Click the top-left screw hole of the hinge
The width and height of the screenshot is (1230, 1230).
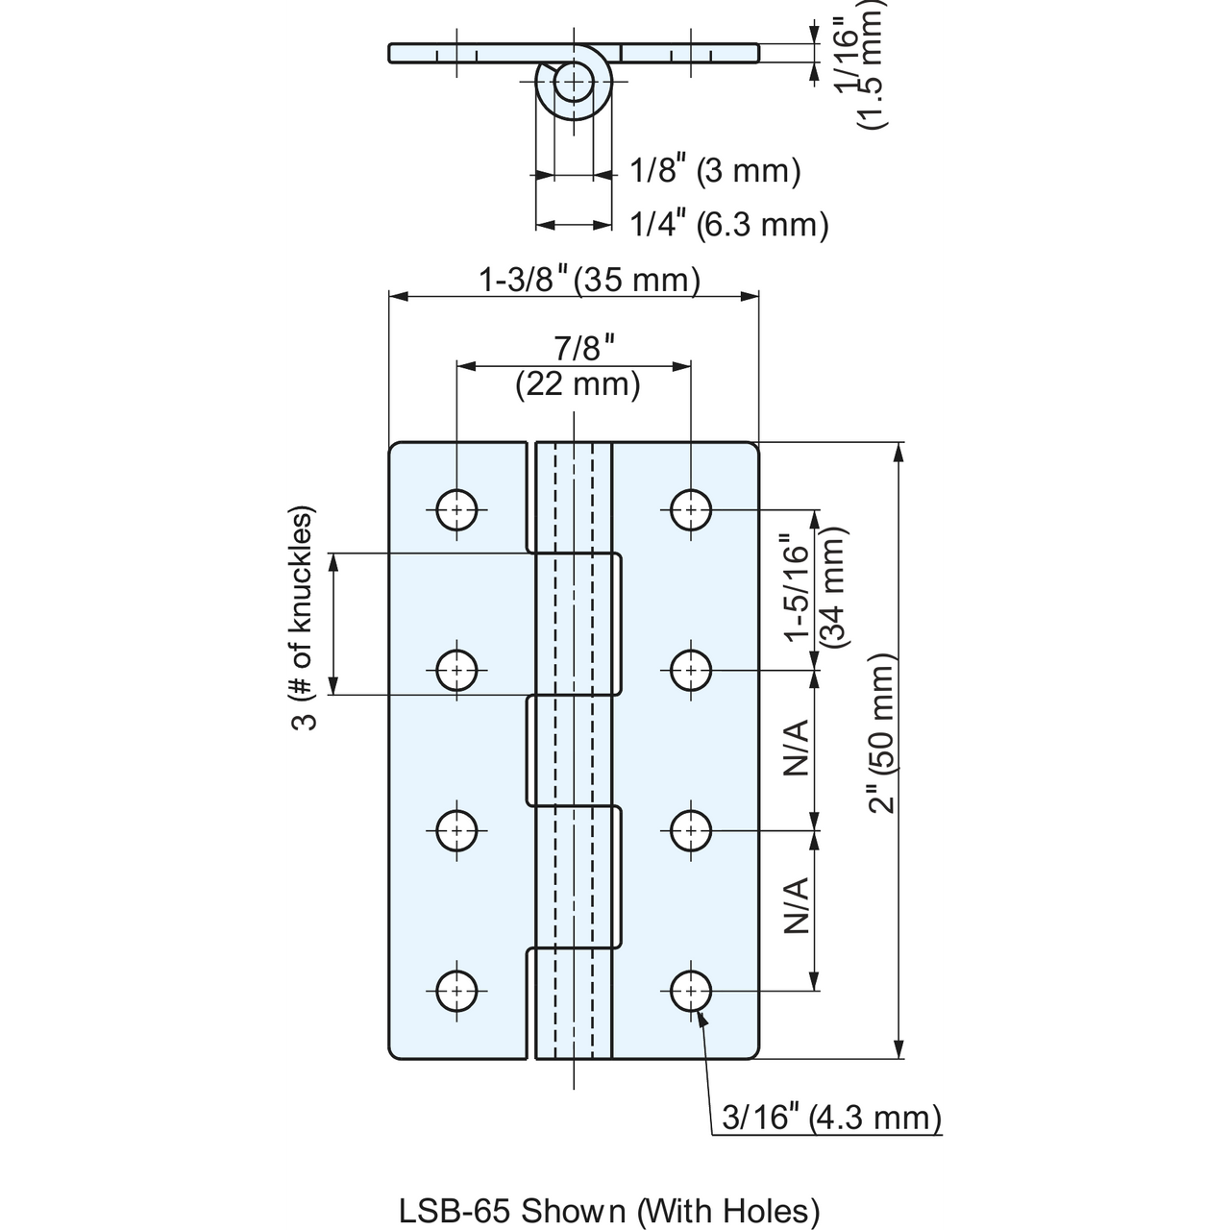tap(456, 510)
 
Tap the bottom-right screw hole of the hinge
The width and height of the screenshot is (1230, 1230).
tap(691, 991)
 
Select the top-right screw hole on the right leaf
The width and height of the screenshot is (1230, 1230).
tap(691, 510)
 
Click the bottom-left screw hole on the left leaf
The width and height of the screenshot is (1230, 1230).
tap(456, 991)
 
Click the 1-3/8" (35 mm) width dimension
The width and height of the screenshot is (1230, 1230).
tap(589, 281)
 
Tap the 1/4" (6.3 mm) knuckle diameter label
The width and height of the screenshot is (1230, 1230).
tap(729, 225)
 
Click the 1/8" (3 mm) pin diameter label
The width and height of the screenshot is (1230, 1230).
tap(715, 171)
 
